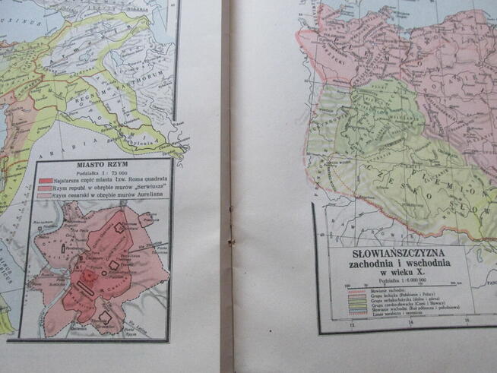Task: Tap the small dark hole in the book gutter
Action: (230, 242)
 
